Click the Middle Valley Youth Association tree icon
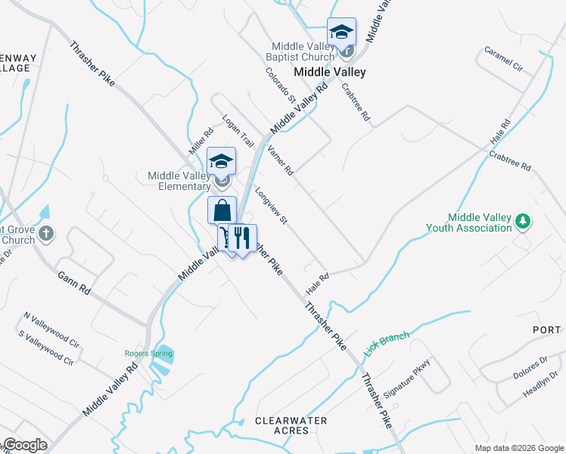pyautogui.click(x=522, y=222)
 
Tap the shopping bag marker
pyautogui.click(x=222, y=210)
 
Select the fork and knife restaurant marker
pyautogui.click(x=242, y=238)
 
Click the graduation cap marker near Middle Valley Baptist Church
pyautogui.click(x=341, y=33)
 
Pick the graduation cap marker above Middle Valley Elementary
pyautogui.click(x=221, y=161)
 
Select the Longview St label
pyautogui.click(x=272, y=207)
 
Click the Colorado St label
pyautogui.click(x=280, y=85)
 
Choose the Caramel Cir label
pyautogui.click(x=504, y=60)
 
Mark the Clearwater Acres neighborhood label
pyautogui.click(x=291, y=425)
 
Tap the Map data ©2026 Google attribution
pyautogui.click(x=518, y=448)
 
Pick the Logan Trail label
pyautogui.click(x=238, y=129)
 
